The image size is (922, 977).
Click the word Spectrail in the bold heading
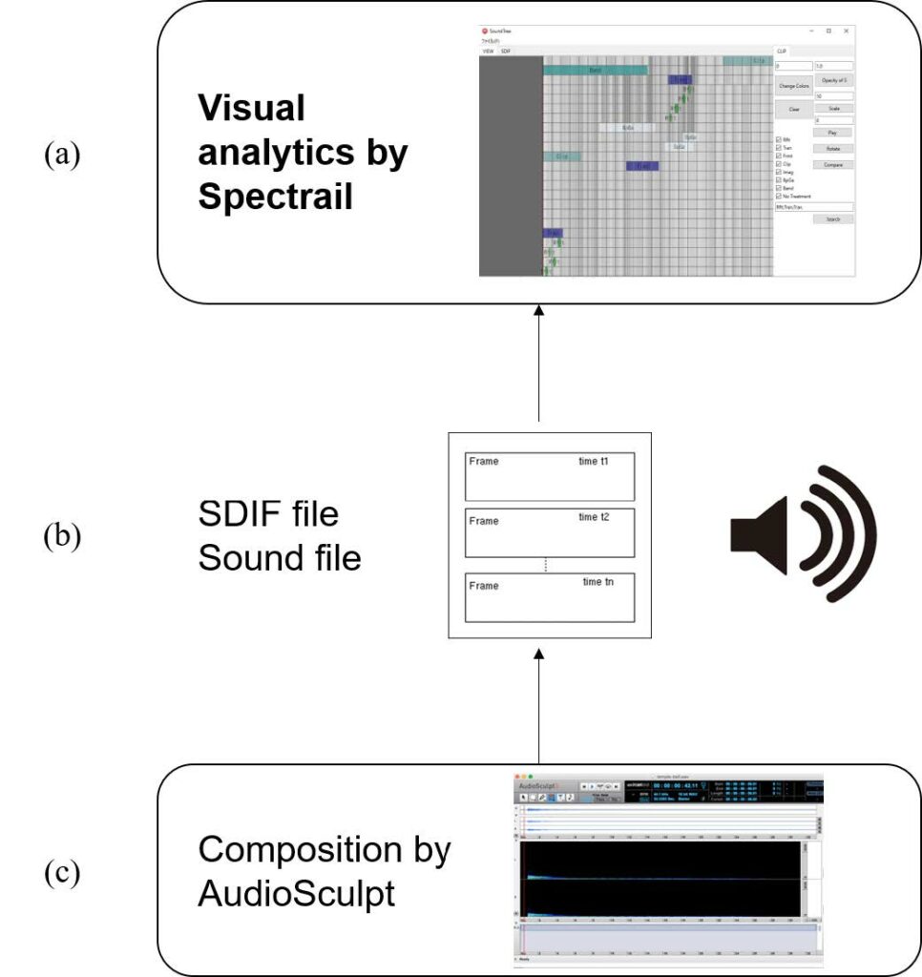(276, 196)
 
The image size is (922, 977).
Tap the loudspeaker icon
(802, 534)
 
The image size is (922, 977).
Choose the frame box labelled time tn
(550, 597)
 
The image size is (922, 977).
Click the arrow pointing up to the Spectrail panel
(539, 363)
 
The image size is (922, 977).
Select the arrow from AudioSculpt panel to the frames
(539, 706)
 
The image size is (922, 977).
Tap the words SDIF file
(268, 514)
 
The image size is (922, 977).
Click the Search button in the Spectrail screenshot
(833, 219)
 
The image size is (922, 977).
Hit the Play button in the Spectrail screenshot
(833, 133)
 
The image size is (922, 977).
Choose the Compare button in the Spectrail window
(833, 165)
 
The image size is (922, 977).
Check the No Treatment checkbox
(779, 196)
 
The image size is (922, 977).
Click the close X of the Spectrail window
(846, 31)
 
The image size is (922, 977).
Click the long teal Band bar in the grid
(595, 70)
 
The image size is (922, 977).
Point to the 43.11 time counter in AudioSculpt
(681, 785)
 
